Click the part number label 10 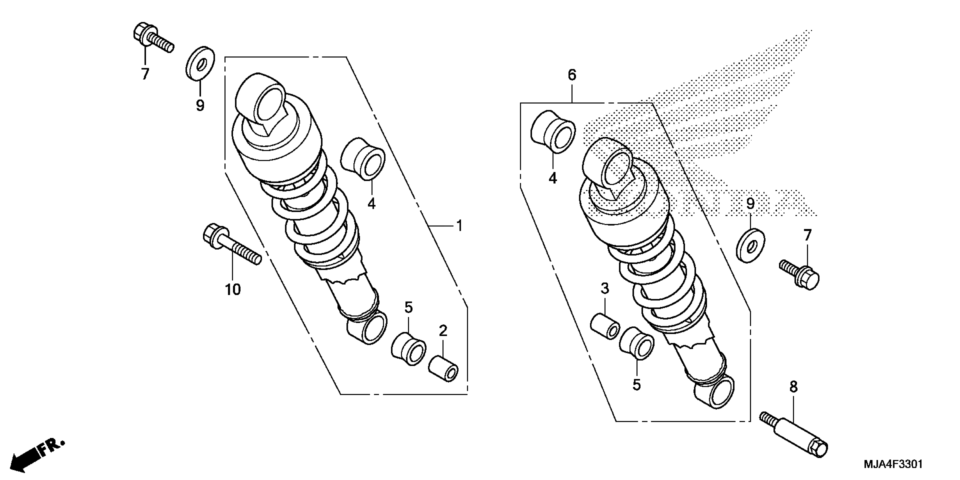(233, 289)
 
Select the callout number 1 (459, 226)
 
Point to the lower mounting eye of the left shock (368, 328)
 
